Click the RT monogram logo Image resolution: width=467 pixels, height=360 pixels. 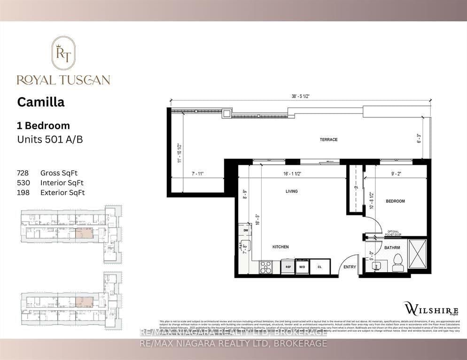point(63,54)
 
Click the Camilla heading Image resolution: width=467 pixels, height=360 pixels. point(41,102)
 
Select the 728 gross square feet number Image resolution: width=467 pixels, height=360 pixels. point(23,173)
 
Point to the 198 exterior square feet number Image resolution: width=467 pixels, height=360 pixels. point(23,192)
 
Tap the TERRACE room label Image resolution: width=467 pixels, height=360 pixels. point(328,139)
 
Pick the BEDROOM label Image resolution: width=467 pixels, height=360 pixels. point(395,201)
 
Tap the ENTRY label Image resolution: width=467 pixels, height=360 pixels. point(350,267)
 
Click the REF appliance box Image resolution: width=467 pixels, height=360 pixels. point(288,267)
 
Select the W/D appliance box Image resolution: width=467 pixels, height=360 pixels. point(302,267)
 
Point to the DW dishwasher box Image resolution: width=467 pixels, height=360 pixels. point(245,231)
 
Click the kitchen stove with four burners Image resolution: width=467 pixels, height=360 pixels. point(266,267)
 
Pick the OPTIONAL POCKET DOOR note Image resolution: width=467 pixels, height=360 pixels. point(393,233)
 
